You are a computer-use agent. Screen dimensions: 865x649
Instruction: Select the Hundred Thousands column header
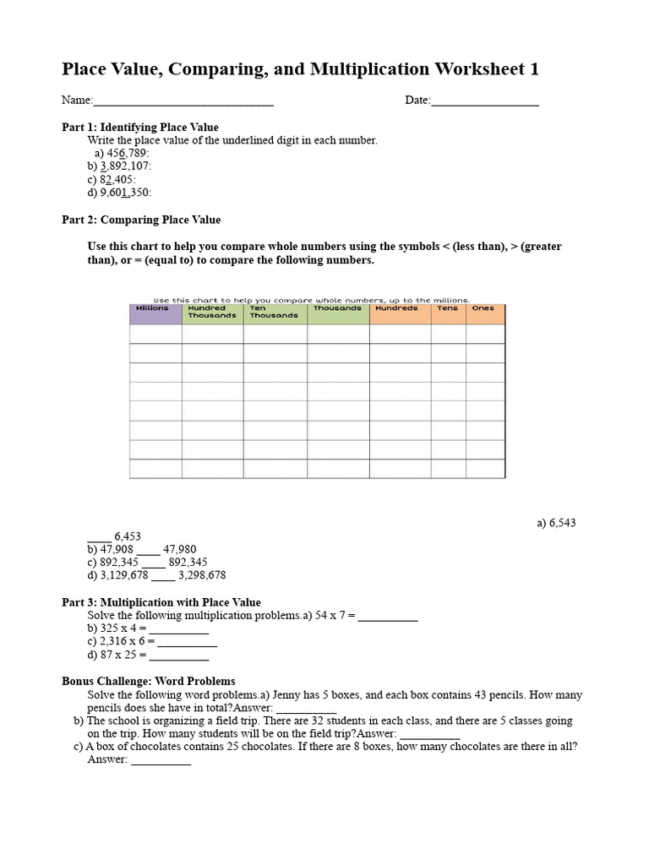212,312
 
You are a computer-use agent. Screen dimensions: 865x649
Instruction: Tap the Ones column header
484,309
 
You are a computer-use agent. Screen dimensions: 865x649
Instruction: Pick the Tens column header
448,309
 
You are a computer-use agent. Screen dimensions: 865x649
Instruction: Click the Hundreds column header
399,309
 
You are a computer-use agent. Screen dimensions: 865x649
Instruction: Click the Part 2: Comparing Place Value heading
141,220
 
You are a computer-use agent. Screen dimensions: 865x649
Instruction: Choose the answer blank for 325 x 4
179,629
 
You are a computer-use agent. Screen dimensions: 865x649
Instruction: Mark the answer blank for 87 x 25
179,655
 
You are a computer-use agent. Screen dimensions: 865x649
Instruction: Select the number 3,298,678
202,575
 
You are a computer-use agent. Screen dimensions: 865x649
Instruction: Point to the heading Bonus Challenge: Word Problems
149,681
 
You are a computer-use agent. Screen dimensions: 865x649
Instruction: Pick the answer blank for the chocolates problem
161,760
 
